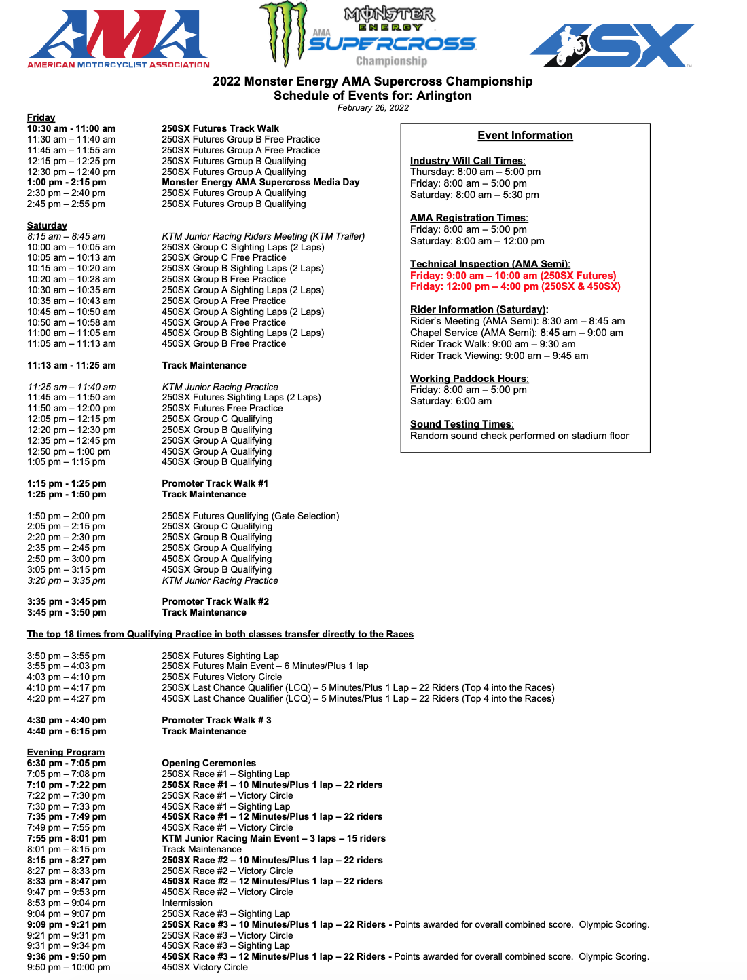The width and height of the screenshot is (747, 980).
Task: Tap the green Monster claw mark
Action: (285, 31)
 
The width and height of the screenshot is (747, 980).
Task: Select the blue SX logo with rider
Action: (611, 45)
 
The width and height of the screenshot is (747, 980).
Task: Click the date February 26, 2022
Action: (373, 107)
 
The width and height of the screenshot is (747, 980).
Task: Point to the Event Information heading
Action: (525, 135)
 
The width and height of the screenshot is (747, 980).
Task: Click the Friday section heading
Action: (41, 117)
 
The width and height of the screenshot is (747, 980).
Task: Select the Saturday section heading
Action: (47, 225)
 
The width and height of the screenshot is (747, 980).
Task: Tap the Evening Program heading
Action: (66, 752)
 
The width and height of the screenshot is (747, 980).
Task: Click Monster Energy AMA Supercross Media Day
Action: (260, 182)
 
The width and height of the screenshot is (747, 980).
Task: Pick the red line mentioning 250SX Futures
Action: (513, 276)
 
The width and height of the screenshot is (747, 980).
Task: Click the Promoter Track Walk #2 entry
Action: (215, 601)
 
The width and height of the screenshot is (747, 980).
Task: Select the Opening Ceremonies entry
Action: (208, 763)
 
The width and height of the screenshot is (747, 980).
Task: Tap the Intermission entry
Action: (187, 903)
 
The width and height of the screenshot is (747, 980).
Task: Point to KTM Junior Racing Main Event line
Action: (273, 838)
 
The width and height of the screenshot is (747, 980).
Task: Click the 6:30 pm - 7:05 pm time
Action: (67, 763)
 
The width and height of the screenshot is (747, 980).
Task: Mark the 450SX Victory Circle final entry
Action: (204, 967)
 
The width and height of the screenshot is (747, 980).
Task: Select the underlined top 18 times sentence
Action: (220, 634)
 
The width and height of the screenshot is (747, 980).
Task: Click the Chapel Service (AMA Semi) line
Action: (516, 333)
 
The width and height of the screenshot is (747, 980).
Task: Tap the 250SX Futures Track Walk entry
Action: (220, 128)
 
